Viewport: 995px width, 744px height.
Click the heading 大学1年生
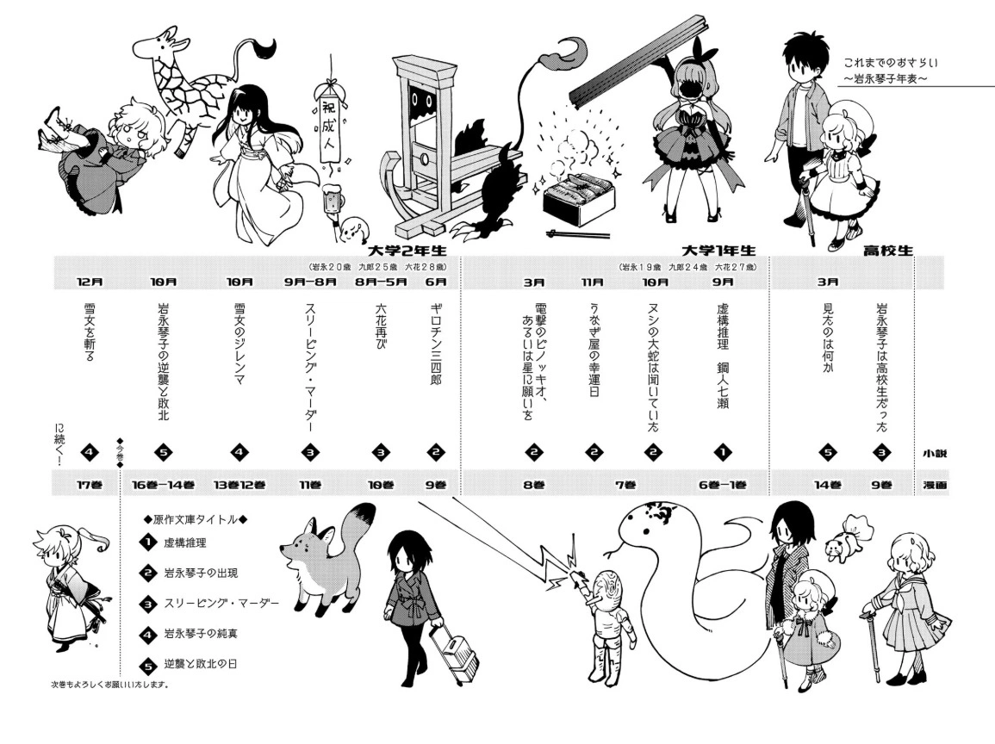(719, 250)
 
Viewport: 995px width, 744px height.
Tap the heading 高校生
(888, 251)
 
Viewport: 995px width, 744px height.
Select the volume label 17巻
(90, 485)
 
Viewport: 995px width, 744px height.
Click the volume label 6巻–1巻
(723, 485)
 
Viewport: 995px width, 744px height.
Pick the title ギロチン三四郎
(436, 343)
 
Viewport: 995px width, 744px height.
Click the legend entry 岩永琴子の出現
(201, 573)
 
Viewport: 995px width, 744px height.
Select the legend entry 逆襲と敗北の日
(201, 664)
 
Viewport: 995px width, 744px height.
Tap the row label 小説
(935, 454)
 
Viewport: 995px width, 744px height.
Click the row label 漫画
(935, 485)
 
